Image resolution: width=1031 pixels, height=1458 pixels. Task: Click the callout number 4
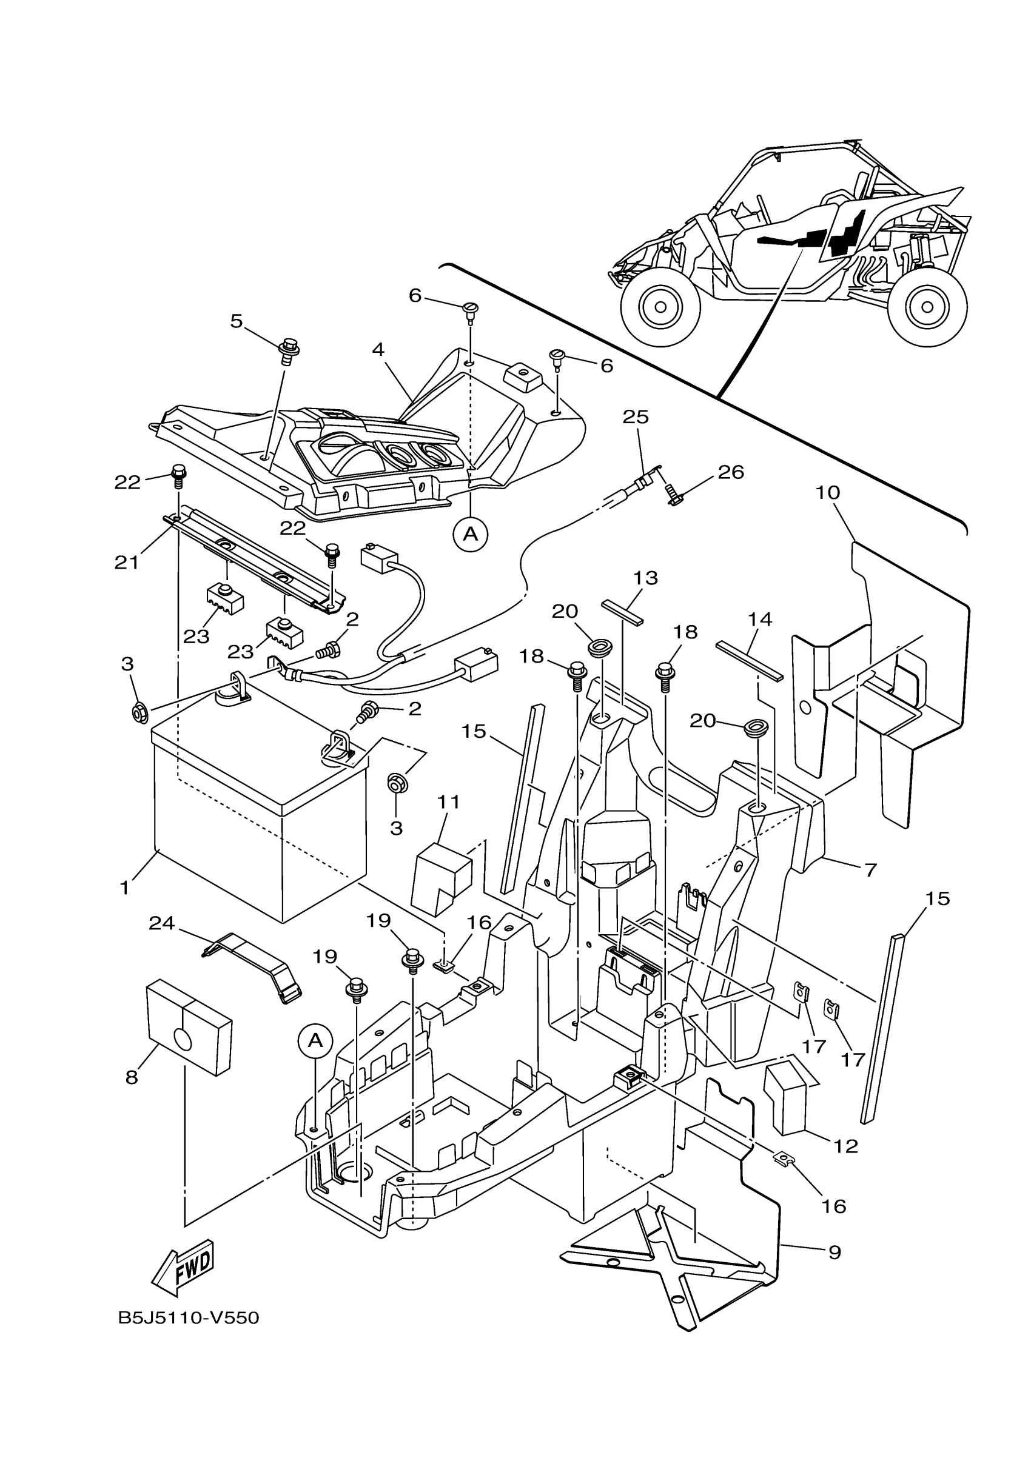click(x=378, y=349)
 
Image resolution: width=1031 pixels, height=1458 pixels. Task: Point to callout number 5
click(x=237, y=321)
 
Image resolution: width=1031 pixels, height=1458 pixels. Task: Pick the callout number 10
click(x=828, y=492)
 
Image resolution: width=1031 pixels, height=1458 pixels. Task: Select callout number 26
click(x=731, y=472)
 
